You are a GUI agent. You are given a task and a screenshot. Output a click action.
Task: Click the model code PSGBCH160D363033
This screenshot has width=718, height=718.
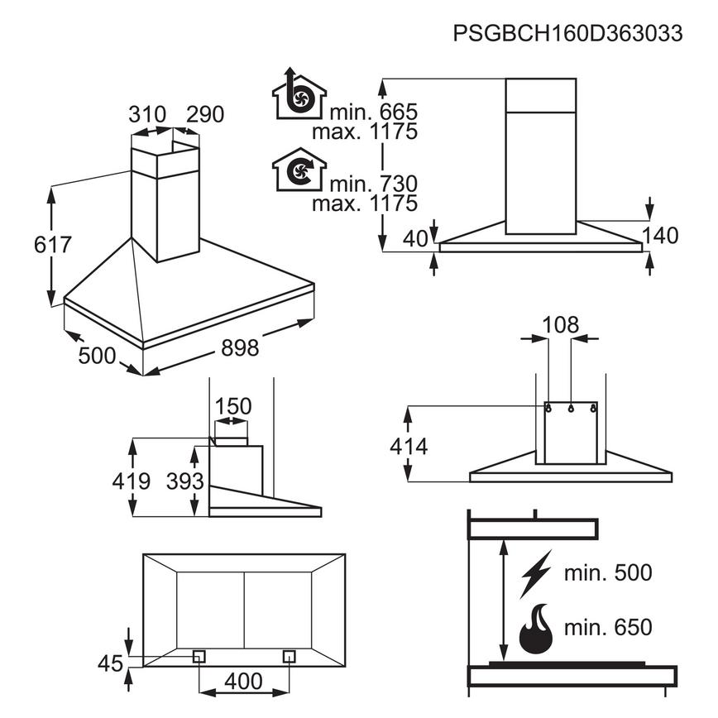pyautogui.click(x=567, y=34)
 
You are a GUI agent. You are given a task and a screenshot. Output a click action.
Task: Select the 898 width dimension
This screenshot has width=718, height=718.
pyautogui.click(x=240, y=347)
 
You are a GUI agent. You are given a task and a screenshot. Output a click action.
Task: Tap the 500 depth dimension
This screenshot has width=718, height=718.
pyautogui.click(x=97, y=356)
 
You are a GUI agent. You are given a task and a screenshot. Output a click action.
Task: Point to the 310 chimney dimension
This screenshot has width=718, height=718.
pyautogui.click(x=147, y=114)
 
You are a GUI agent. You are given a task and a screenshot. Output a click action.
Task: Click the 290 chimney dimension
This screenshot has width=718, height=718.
pyautogui.click(x=204, y=114)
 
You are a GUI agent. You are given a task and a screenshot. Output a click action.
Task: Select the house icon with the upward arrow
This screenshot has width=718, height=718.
pyautogui.click(x=299, y=97)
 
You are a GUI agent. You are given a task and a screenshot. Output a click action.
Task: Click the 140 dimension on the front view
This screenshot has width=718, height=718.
pyautogui.click(x=659, y=236)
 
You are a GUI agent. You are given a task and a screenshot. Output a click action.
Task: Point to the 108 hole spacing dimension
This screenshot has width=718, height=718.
pyautogui.click(x=561, y=324)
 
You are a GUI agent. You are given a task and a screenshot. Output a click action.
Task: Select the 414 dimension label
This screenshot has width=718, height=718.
pyautogui.click(x=409, y=447)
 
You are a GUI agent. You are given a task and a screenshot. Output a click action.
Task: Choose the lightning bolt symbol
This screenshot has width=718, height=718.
pyautogui.click(x=534, y=573)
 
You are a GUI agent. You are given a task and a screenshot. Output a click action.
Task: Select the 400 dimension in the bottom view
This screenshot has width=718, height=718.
pyautogui.click(x=243, y=682)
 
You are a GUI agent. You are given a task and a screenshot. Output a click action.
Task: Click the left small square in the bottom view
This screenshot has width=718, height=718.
pyautogui.click(x=199, y=656)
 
